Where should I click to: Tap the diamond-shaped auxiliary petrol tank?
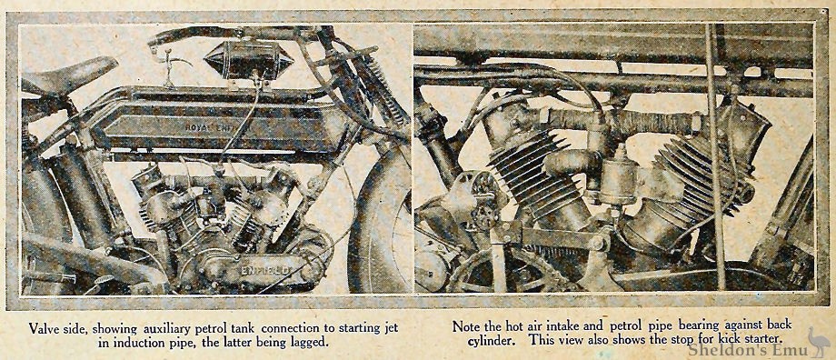pyautogui.click(x=248, y=59)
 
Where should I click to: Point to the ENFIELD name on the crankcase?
pyautogui.click(x=264, y=268)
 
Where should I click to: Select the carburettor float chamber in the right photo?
pyautogui.click(x=619, y=180)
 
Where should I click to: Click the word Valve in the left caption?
pyautogui.click(x=42, y=326)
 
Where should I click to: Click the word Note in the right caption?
pyautogui.click(x=463, y=325)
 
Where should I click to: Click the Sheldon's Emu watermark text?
pyautogui.click(x=746, y=349)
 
